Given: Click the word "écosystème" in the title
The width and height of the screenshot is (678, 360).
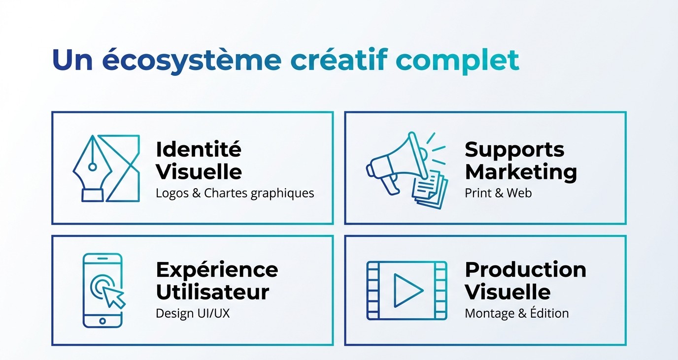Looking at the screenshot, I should pos(192,60).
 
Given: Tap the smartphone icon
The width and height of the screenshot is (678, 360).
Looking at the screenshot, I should pos(102,290).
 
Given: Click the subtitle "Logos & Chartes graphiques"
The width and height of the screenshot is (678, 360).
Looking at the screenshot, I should pos(235,193).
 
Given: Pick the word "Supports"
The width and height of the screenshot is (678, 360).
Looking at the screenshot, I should pos(514,149).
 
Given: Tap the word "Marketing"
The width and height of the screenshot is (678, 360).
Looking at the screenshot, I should pos(521,172).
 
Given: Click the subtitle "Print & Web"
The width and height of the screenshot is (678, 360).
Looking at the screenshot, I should pos(498,193).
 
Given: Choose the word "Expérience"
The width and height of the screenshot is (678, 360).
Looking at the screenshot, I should pos(217,269).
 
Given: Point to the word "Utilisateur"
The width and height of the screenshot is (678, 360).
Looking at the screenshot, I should pos(212,292).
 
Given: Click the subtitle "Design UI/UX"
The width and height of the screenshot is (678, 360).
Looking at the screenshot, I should pos(193,313).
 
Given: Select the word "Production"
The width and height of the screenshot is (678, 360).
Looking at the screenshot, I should pos(525,269).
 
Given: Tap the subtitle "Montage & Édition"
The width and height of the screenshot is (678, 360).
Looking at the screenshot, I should pos(516,313).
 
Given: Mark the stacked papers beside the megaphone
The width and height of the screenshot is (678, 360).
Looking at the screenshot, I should pos(430,190).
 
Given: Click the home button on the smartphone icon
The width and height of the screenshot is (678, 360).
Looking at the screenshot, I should pos(102,321).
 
